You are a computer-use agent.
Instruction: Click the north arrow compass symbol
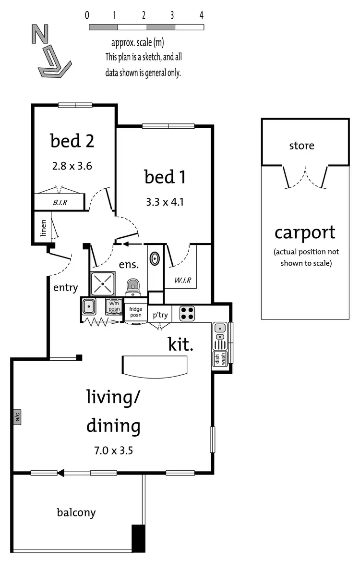coord(50,51)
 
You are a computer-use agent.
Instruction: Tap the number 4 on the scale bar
coord(202,15)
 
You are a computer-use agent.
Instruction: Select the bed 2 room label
coord(72,141)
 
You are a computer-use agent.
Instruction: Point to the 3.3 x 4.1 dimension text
coord(165,202)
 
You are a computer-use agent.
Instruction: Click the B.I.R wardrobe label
coord(60,203)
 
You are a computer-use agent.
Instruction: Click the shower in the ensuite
coord(102,283)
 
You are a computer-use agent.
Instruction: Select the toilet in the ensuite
coord(133,287)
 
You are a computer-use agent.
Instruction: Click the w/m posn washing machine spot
coord(114,306)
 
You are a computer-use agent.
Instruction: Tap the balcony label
coord(76,512)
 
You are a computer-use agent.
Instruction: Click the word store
coord(301,145)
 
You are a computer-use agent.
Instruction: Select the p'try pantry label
coord(160,315)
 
